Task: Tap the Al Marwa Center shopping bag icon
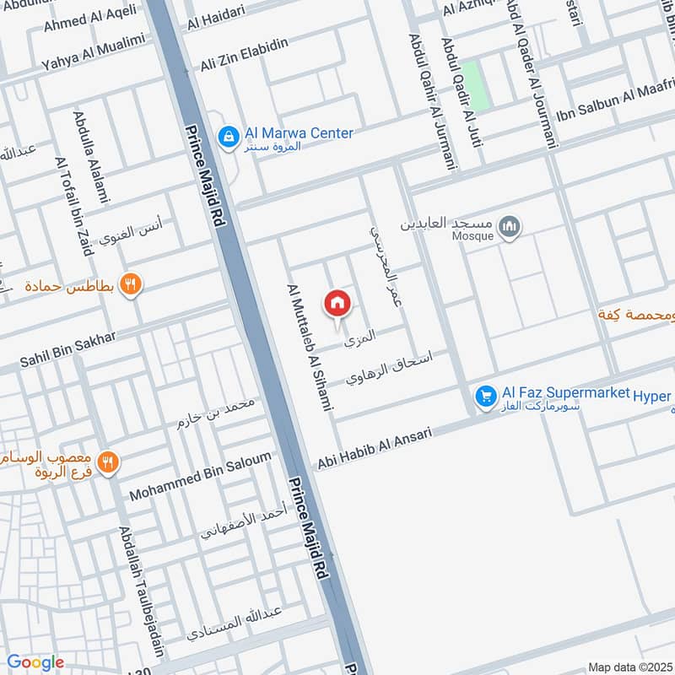point(227,135)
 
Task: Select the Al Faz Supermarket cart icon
point(485,395)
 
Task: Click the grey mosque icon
point(509,226)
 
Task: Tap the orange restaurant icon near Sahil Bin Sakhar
point(131,284)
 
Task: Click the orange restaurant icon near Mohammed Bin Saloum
point(107,462)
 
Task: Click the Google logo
point(35,662)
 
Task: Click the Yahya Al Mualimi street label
point(93,51)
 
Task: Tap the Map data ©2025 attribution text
point(630,667)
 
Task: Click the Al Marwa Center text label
point(299,133)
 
